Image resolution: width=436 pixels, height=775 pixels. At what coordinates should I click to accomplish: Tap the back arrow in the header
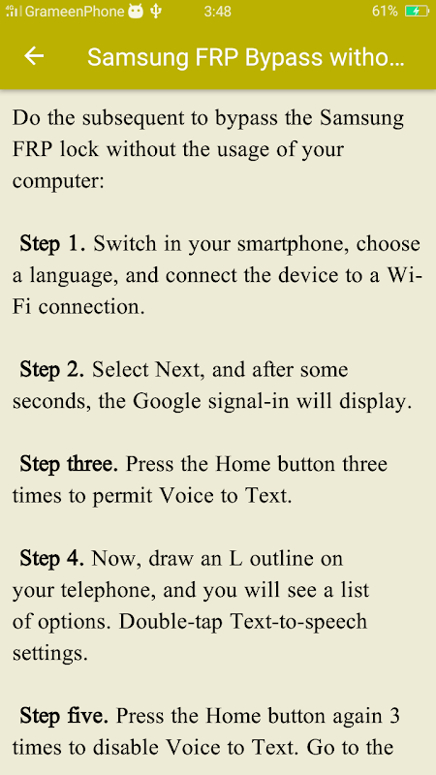click(34, 56)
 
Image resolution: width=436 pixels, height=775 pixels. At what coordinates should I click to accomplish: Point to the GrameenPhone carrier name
click(75, 12)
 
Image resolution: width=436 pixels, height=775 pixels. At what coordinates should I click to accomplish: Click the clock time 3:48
click(217, 12)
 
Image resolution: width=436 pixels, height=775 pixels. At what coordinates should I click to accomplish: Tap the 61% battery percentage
click(385, 12)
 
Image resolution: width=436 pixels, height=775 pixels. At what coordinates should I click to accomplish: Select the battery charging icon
click(417, 12)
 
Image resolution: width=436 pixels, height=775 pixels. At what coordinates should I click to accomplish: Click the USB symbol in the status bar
click(156, 12)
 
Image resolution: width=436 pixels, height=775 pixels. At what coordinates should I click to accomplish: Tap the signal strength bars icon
click(14, 11)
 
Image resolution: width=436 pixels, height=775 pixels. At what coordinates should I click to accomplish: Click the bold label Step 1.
click(52, 244)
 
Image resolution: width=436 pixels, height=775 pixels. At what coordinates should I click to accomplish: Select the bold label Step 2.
click(52, 370)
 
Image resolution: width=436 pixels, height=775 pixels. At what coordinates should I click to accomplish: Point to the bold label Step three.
click(69, 464)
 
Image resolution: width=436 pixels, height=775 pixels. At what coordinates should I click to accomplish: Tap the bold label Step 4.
click(52, 559)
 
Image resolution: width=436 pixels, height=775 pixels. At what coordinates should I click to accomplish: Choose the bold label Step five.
click(64, 716)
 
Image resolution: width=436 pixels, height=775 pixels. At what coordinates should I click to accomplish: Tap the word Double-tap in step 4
click(172, 622)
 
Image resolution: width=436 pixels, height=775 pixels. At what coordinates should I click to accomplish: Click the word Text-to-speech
click(299, 622)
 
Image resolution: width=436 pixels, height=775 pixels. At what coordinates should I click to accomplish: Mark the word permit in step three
click(122, 497)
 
